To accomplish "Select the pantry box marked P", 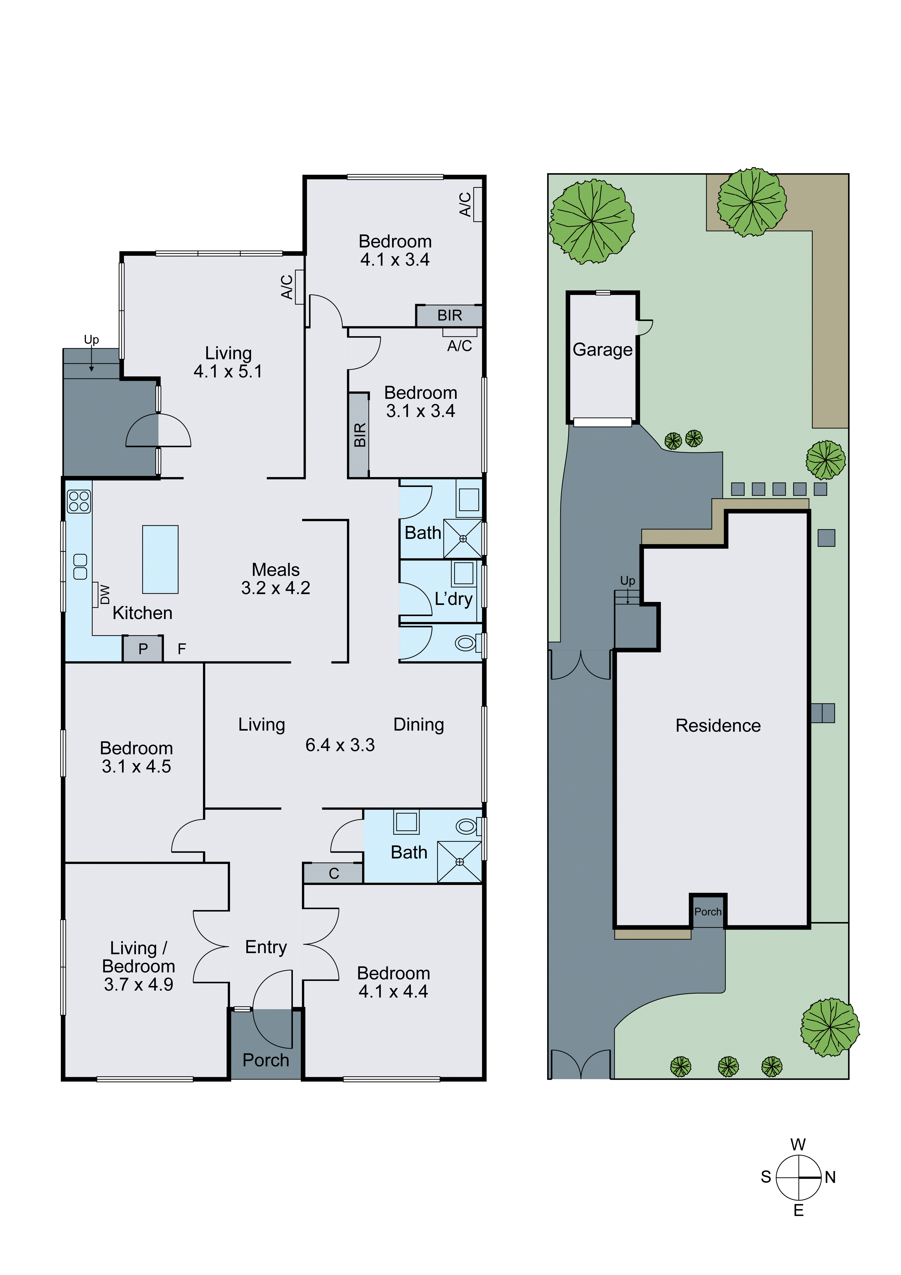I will coord(143,649).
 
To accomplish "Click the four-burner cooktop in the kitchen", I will coord(79,501).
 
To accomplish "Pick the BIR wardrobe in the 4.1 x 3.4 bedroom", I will coord(449,315).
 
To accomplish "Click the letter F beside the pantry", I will coord(181,649).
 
